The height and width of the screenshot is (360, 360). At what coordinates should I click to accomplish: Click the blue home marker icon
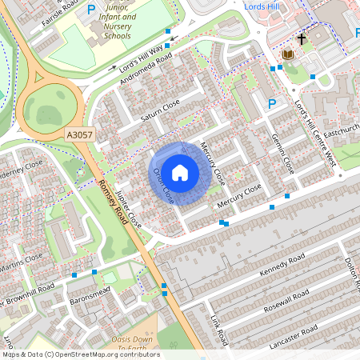click(180, 172)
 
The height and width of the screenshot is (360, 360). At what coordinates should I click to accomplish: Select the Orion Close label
click(162, 184)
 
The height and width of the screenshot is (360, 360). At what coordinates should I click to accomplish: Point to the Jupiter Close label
click(128, 210)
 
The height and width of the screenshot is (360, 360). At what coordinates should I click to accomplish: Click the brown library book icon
click(288, 54)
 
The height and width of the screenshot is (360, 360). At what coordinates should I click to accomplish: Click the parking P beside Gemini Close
click(271, 103)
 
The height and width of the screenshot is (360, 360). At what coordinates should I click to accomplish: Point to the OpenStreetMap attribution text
click(80, 354)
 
